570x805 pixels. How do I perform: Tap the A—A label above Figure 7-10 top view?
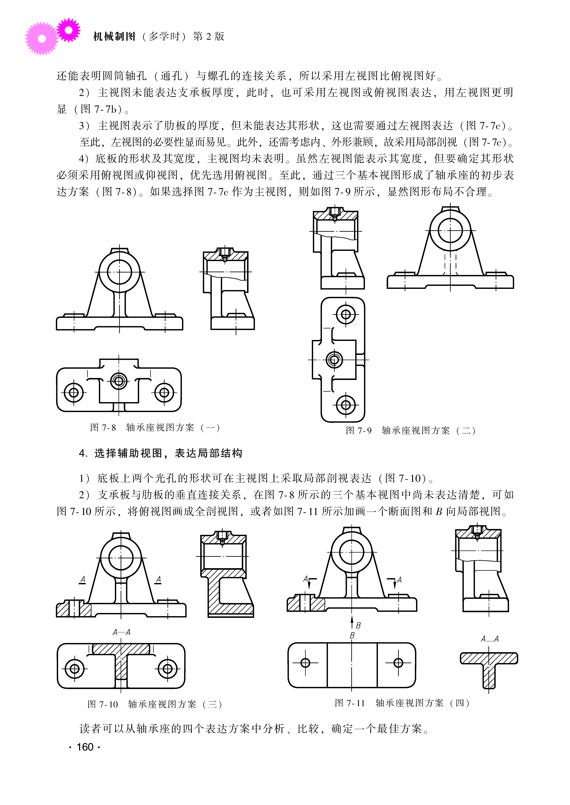coord(121,632)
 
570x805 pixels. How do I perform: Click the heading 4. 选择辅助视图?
coord(160,453)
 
